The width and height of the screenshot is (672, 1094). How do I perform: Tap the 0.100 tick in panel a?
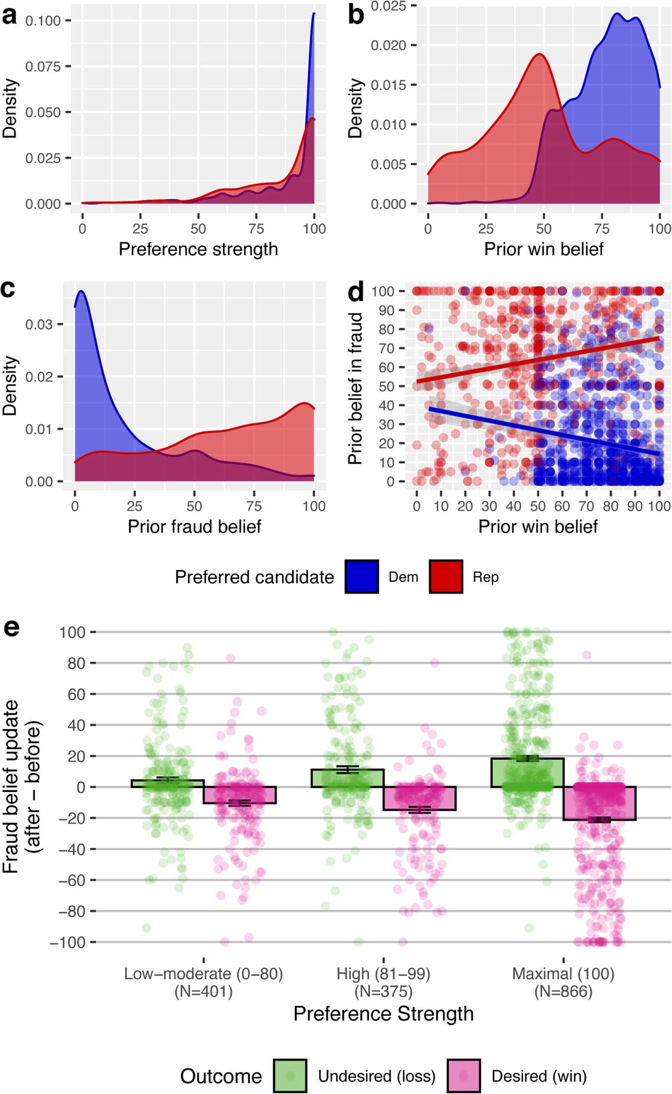tap(43, 20)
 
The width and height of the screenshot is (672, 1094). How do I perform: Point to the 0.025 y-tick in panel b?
tap(388, 6)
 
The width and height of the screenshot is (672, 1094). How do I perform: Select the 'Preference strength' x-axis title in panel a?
tap(198, 249)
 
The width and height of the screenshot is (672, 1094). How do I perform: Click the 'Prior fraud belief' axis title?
tap(194, 527)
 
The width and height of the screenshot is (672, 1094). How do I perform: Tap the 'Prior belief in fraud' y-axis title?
tap(356, 389)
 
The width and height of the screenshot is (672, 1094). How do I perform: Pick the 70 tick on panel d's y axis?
tap(386, 348)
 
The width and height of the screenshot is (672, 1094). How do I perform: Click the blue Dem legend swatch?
tap(362, 577)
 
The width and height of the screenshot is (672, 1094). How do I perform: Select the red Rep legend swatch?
tap(446, 577)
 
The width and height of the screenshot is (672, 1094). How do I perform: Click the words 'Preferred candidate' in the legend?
tap(254, 577)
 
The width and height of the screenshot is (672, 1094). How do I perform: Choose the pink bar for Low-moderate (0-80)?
tap(239, 795)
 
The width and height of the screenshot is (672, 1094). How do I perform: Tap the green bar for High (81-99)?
tap(347, 778)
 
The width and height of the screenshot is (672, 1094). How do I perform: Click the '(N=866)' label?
tap(563, 992)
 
